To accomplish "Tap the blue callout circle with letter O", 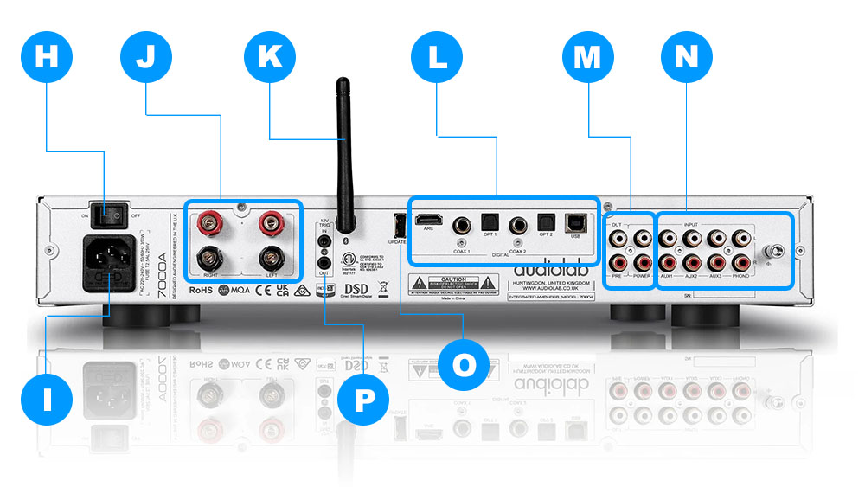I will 465,365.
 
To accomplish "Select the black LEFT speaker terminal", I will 272,258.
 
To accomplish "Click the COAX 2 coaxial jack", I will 519,225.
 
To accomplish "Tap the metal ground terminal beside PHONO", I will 773,249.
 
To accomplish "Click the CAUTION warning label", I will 453,285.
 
